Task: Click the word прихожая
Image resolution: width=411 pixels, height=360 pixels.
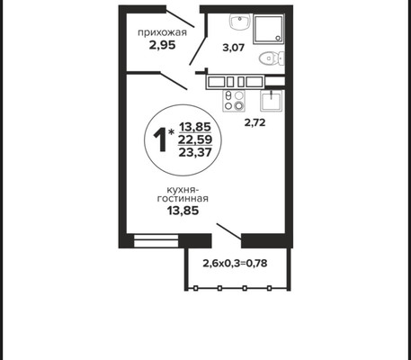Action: coord(162,32)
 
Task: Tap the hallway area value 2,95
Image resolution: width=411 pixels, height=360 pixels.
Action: coord(162,45)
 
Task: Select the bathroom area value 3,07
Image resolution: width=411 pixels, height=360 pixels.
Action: coord(234,48)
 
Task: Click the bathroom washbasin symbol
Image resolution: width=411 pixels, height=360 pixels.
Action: coord(239,22)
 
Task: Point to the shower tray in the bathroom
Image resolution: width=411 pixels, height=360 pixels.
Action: coord(268,29)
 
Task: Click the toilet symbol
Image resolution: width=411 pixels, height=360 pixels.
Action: coord(272,58)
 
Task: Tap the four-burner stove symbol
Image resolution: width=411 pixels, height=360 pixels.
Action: coord(234,101)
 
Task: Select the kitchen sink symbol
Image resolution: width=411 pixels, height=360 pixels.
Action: coord(272,101)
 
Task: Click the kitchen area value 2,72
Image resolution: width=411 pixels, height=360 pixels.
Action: coord(255,122)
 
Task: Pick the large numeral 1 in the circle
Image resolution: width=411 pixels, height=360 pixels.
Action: coord(159,139)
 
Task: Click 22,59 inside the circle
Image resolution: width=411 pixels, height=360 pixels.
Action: coord(195,139)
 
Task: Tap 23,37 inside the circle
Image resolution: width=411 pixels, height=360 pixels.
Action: coord(195,152)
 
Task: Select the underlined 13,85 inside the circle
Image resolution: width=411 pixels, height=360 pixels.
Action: coord(195,127)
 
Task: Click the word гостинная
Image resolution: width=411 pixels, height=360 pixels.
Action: coord(183,199)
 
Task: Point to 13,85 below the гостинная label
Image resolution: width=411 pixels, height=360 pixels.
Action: coord(183,211)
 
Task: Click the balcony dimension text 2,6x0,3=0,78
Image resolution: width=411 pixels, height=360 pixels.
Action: coord(235,264)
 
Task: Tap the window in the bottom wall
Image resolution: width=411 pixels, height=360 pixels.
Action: coord(156,241)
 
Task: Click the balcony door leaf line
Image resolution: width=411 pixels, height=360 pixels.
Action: coord(228,231)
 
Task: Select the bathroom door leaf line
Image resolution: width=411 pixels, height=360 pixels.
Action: coord(197,51)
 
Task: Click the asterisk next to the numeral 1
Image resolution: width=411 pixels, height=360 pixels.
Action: coord(171,132)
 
